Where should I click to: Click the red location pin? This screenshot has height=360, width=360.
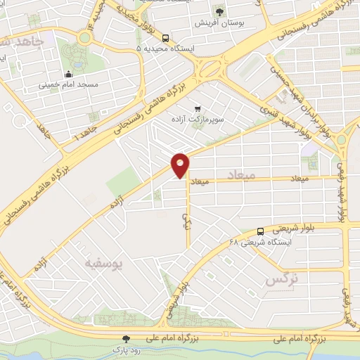tap(181, 164)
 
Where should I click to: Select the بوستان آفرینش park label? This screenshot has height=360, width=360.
tap(220, 22)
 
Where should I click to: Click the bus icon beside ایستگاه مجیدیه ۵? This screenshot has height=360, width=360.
tap(165, 39)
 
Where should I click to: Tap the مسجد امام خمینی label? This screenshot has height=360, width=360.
tap(68, 86)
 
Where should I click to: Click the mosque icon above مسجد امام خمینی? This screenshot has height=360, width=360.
tap(68, 75)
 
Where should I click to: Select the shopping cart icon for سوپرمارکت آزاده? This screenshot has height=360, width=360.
tap(198, 109)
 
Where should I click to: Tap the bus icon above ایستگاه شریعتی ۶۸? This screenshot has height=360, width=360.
tap(260, 231)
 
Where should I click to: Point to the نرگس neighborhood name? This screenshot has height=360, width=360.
tap(281, 279)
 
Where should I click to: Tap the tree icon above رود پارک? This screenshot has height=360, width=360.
tap(127, 338)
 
